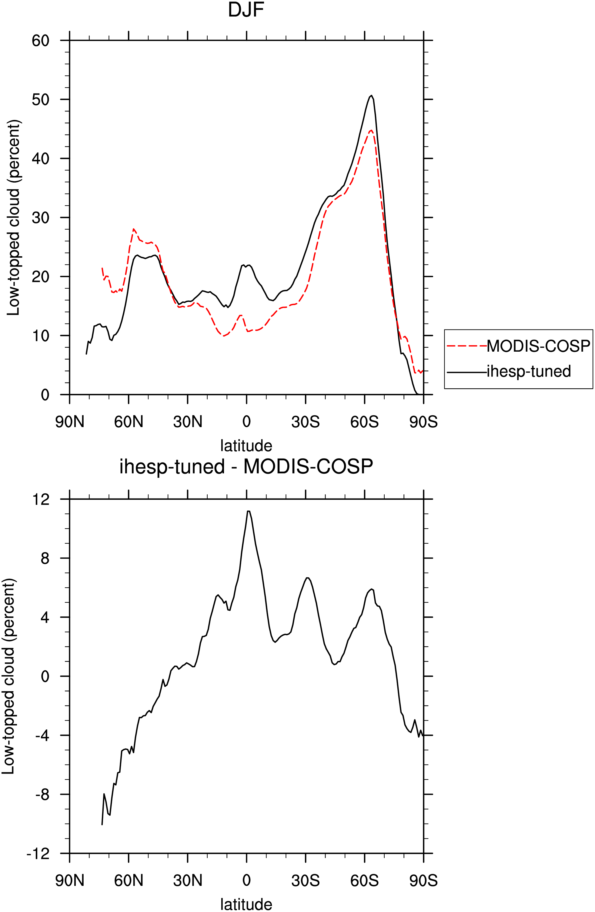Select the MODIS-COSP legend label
coord(538,346)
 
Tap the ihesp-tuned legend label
coord(529,371)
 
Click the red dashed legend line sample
coord(466,346)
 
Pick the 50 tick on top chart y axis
coord(41,100)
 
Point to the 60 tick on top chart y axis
coord(41,41)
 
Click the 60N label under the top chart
coord(129,422)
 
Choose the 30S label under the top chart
coord(306,422)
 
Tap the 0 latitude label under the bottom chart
coord(246,880)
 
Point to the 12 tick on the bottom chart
coord(42,499)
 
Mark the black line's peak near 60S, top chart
coord(371,95)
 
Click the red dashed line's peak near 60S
coord(371,130)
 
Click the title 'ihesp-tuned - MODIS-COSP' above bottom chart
coord(246,467)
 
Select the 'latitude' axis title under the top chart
coord(246,446)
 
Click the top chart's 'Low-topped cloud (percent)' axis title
coord(14,218)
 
